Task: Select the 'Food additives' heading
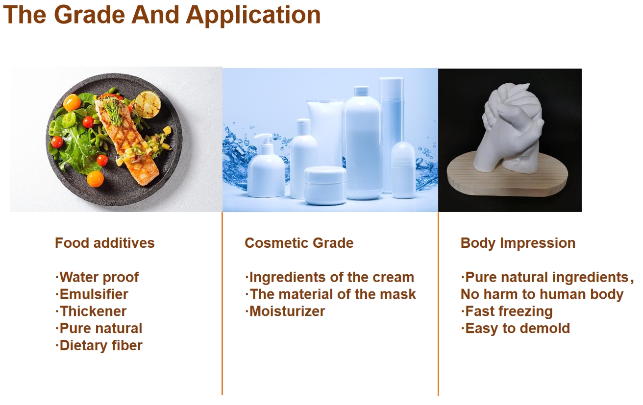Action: pyautogui.click(x=105, y=243)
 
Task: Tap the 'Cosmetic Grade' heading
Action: pyautogui.click(x=299, y=243)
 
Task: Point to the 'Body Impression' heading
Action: pyautogui.click(x=518, y=243)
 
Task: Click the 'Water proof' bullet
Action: pyautogui.click(x=98, y=278)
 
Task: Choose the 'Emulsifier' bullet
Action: pyautogui.click(x=92, y=294)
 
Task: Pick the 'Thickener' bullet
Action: pyautogui.click(x=91, y=311)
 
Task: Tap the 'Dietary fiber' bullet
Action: pyautogui.click(x=99, y=346)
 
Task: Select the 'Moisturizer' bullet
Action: pyautogui.click(x=285, y=311)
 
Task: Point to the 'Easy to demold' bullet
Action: pyautogui.click(x=515, y=329)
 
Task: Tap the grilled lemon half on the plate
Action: pyautogui.click(x=148, y=104)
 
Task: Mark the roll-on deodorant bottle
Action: pyautogui.click(x=403, y=170)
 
